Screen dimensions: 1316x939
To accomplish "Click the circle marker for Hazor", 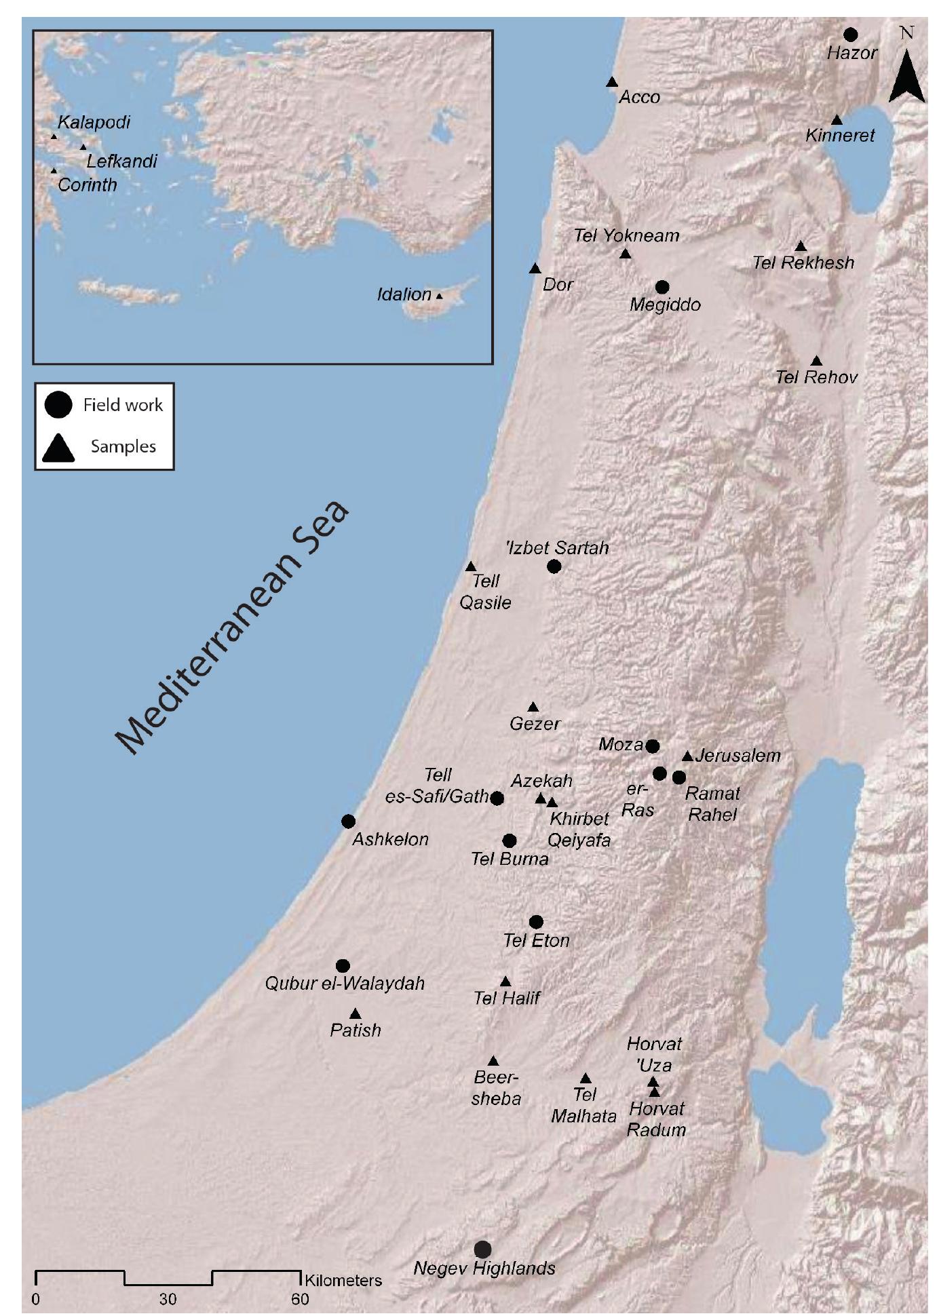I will pyautogui.click(x=850, y=35).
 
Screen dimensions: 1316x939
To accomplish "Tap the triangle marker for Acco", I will pyautogui.click(x=611, y=82).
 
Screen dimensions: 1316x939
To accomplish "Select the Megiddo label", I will pyautogui.click(x=665, y=305).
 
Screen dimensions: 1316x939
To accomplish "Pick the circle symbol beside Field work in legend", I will pyautogui.click(x=58, y=406).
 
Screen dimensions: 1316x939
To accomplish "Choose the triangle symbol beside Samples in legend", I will pyautogui.click(x=58, y=448).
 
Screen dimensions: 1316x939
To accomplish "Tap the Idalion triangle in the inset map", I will pyautogui.click(x=440, y=296).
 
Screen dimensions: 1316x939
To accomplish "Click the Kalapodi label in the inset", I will pyautogui.click(x=94, y=122).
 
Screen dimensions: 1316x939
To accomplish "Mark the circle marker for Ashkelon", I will pyautogui.click(x=348, y=821).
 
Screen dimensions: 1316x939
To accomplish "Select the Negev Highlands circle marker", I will pyautogui.click(x=482, y=1249).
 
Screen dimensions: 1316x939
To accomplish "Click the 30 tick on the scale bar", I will pyautogui.click(x=168, y=1299).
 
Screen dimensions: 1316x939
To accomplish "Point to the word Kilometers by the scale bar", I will pyautogui.click(x=343, y=1280).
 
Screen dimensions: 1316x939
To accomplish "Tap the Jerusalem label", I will pyautogui.click(x=737, y=755).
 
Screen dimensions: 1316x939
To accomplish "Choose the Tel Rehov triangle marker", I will pyautogui.click(x=817, y=361).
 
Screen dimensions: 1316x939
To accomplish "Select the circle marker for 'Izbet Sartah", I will pyautogui.click(x=554, y=566).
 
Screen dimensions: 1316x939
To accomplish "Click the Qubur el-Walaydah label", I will pyautogui.click(x=345, y=983).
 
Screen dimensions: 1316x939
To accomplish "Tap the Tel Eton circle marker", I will pyautogui.click(x=536, y=922).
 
